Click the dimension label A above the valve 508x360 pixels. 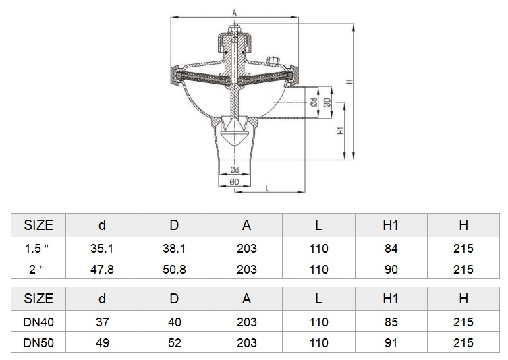point(235,13)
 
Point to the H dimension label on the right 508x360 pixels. point(349,82)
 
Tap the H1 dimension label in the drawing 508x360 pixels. point(341,131)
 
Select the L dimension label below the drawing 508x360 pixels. point(267,188)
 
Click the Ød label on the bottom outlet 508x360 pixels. point(235,170)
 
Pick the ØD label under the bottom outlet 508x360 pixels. point(234,182)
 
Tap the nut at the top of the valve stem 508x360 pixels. point(234,30)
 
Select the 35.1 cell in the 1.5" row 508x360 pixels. point(102,248)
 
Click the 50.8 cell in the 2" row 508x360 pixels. point(174,269)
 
